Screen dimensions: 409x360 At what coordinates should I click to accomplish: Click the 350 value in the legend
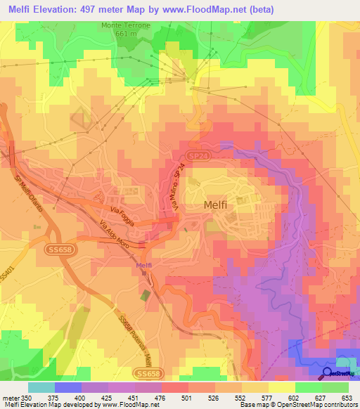[x=27, y=397]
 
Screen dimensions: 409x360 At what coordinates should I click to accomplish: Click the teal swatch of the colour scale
[x=41, y=387]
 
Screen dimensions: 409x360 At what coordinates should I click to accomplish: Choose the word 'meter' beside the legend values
[x=9, y=397]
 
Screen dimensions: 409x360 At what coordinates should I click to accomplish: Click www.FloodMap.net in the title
[x=212, y=9]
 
